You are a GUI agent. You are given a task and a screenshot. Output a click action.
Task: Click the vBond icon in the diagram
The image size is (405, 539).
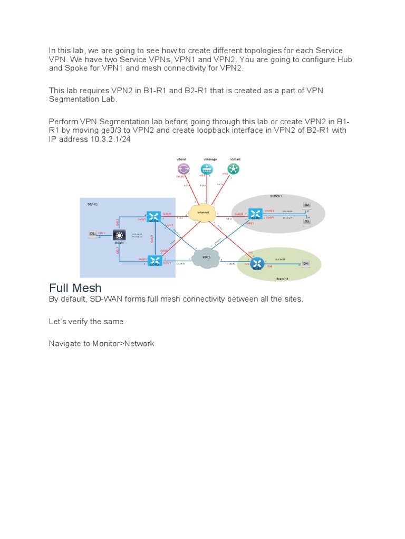click(184, 168)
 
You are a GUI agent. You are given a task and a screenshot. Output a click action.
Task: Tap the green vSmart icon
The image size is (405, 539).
click(234, 168)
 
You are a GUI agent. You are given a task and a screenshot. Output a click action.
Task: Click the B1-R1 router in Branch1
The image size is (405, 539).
click(256, 214)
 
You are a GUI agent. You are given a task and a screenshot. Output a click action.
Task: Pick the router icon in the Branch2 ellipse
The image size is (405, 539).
click(257, 264)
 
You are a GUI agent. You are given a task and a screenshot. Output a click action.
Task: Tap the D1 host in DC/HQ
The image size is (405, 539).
click(92, 234)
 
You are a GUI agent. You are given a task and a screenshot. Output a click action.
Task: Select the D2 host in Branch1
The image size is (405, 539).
click(307, 205)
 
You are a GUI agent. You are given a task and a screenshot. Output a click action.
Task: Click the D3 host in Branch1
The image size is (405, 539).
click(307, 221)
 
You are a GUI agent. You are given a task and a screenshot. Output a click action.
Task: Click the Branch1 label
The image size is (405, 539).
click(276, 196)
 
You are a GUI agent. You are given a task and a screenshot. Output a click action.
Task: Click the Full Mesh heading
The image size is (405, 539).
click(75, 288)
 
